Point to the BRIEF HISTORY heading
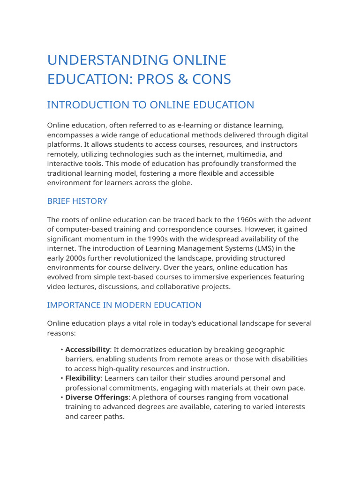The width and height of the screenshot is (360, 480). pos(77,201)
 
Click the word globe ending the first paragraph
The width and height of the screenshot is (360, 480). pos(180,183)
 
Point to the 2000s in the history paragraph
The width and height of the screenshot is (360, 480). pos(75,258)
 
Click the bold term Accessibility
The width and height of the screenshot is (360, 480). pos(87,350)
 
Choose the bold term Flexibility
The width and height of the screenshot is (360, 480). pos(82,378)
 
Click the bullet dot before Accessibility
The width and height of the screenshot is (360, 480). pos(62,350)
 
